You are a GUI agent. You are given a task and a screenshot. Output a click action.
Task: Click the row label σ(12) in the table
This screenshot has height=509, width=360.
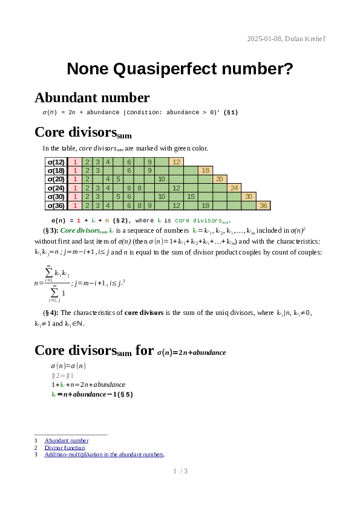(x=55, y=162)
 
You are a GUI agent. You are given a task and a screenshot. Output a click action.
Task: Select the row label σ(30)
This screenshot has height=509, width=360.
(x=55, y=196)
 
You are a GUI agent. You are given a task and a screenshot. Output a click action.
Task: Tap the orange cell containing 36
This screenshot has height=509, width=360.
(x=263, y=206)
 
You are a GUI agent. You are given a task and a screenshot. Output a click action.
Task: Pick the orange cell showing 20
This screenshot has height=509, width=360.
(x=220, y=179)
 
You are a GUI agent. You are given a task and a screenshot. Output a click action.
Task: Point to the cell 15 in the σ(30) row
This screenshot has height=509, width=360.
(x=191, y=196)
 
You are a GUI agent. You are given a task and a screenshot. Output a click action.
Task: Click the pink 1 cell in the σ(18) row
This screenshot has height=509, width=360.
(x=74, y=170)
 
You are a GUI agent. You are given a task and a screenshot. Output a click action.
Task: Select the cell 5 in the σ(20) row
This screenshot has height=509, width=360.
(x=118, y=179)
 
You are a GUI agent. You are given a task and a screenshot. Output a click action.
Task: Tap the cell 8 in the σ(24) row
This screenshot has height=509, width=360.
(x=139, y=188)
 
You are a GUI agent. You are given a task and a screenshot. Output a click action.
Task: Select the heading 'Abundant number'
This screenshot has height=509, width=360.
(x=92, y=98)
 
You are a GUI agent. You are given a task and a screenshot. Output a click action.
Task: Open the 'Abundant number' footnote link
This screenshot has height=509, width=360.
(x=67, y=441)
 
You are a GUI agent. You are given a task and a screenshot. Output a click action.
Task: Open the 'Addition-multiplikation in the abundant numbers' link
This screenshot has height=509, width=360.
(x=104, y=455)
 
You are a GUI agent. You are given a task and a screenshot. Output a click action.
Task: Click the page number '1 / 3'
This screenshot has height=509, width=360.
(x=180, y=471)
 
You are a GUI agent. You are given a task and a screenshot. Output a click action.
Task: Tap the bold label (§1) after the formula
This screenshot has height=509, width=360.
(x=231, y=112)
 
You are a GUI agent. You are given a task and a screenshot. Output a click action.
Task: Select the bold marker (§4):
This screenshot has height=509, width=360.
(x=51, y=313)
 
